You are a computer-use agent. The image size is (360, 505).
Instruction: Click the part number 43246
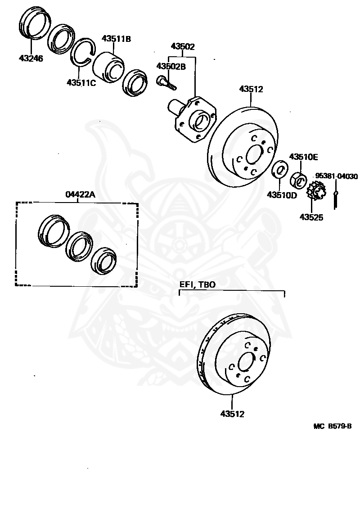tap(31, 58)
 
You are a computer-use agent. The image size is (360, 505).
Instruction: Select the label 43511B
tap(116, 39)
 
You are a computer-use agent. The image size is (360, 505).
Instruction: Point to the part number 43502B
tap(171, 66)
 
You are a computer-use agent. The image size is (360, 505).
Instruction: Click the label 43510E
tap(303, 157)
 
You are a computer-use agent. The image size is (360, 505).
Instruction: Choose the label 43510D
tap(282, 195)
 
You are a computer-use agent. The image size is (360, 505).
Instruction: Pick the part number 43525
tap(311, 218)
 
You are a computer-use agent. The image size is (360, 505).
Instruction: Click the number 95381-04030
tap(336, 176)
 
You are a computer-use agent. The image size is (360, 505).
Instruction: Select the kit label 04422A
tap(81, 194)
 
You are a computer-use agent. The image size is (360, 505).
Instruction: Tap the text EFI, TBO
tap(198, 284)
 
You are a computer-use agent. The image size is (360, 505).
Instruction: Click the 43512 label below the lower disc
tap(232, 414)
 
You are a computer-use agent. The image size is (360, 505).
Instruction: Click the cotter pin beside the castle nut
tap(336, 198)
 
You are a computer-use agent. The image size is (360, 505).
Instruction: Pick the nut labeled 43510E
tap(300, 180)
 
